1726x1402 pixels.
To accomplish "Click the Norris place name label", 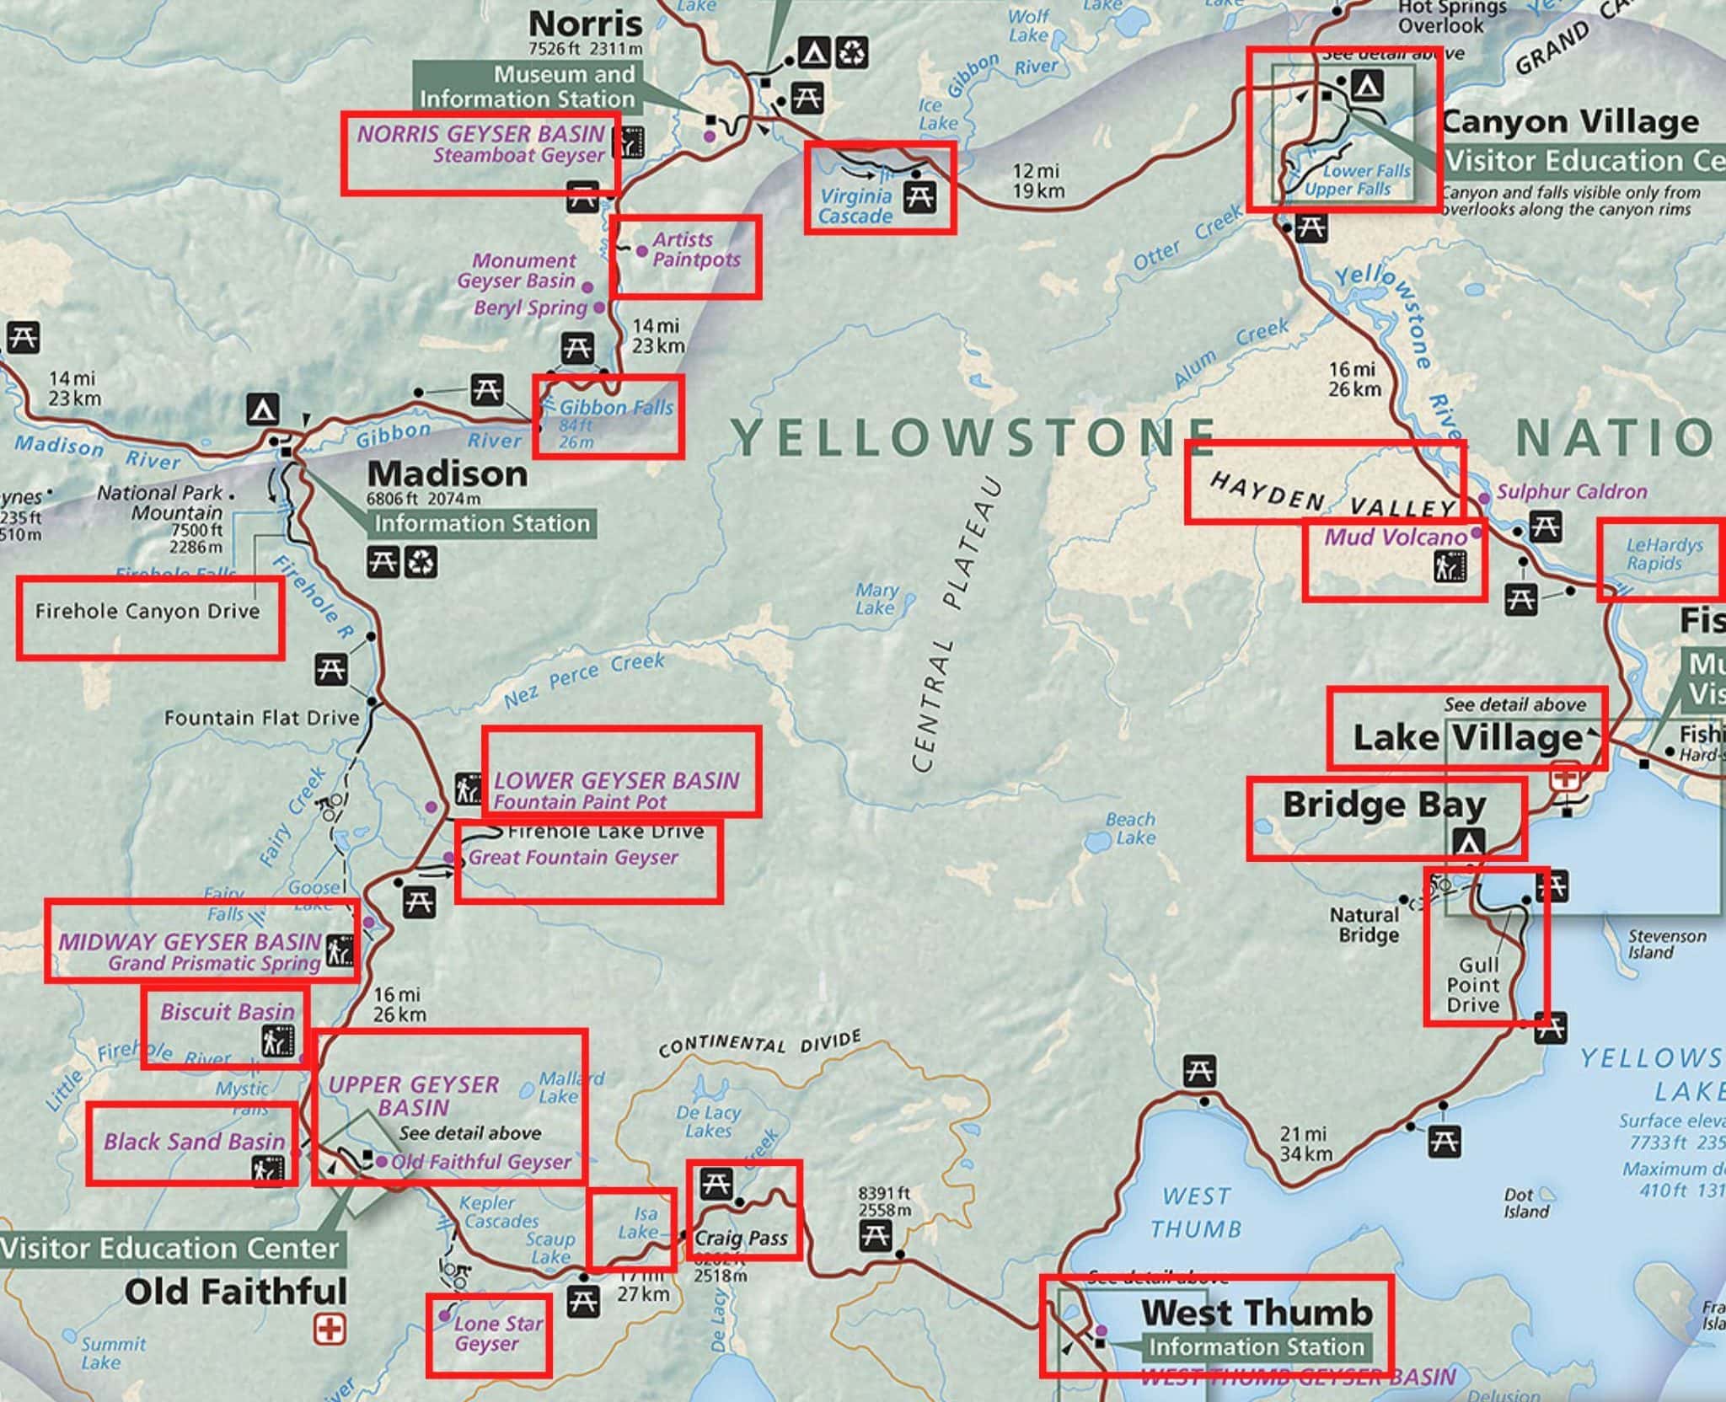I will click(x=585, y=22).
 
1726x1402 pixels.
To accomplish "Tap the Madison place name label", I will click(x=447, y=474).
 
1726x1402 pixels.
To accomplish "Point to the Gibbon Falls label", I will click(x=616, y=409).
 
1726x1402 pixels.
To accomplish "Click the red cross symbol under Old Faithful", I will click(x=330, y=1330).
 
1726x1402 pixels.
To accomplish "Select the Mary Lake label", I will click(x=876, y=599).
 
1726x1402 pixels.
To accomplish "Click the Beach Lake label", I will click(x=1130, y=828).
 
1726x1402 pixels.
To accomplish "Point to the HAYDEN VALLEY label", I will click(x=1331, y=496).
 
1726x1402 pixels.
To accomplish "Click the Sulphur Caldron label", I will click(x=1571, y=492).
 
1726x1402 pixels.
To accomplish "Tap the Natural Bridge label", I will click(x=1364, y=924).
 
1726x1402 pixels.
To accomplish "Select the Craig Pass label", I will click(x=741, y=1238).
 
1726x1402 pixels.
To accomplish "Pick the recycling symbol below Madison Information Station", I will click(x=421, y=562).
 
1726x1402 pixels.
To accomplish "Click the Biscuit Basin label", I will click(x=227, y=1012).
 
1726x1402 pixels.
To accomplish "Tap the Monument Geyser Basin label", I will click(x=523, y=270).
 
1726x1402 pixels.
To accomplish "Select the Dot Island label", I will click(x=1525, y=1203).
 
